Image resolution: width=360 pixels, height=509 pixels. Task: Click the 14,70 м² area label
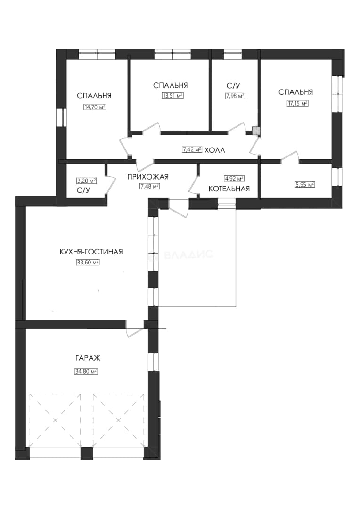(95, 107)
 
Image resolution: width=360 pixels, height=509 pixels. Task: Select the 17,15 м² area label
(297, 103)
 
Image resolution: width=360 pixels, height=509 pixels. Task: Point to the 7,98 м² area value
(235, 96)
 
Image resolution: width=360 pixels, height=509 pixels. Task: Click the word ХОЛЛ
(215, 150)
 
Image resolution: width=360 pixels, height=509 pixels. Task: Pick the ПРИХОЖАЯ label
(148, 177)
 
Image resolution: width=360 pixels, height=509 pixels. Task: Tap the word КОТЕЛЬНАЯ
(229, 189)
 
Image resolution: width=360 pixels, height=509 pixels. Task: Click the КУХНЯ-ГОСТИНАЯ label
(91, 252)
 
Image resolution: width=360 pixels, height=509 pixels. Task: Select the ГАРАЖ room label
(88, 358)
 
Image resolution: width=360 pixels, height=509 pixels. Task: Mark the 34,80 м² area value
(86, 371)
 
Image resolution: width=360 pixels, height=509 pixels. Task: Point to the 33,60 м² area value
(88, 263)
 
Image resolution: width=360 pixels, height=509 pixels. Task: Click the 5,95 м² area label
(304, 184)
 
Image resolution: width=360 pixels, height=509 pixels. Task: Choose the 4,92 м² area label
(234, 178)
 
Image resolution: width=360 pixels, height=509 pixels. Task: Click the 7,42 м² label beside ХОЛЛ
(192, 150)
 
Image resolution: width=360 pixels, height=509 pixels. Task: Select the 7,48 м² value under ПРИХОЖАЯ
(149, 186)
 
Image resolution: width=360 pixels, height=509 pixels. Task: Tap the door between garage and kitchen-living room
(135, 328)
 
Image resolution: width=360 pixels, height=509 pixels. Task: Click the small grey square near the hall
(256, 131)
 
